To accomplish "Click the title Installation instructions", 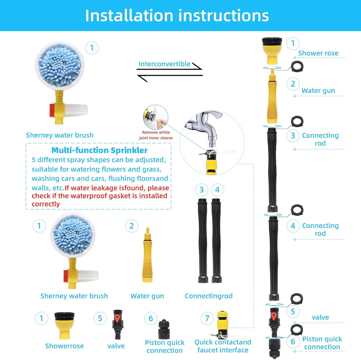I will pyautogui.click(x=177, y=16).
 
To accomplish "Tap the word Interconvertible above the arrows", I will pyautogui.click(x=164, y=64).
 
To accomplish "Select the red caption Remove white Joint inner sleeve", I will pyautogui.click(x=156, y=135).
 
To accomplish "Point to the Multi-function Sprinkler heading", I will pyautogui.click(x=99, y=150).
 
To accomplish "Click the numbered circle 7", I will pyautogui.click(x=207, y=318).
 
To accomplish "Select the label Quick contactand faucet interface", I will pyautogui.click(x=223, y=346).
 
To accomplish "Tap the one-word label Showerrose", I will pyautogui.click(x=64, y=346).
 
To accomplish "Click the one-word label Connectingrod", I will pyautogui.click(x=208, y=296).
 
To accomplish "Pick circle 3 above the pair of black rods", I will pyautogui.click(x=201, y=190).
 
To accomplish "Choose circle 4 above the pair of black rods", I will pyautogui.click(x=217, y=190).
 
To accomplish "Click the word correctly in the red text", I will pyautogui.click(x=46, y=204).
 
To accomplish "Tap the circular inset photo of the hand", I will pyautogui.click(x=155, y=117).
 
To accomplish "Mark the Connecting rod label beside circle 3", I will pyautogui.click(x=320, y=139).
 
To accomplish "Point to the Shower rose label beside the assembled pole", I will pyautogui.click(x=318, y=53).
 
